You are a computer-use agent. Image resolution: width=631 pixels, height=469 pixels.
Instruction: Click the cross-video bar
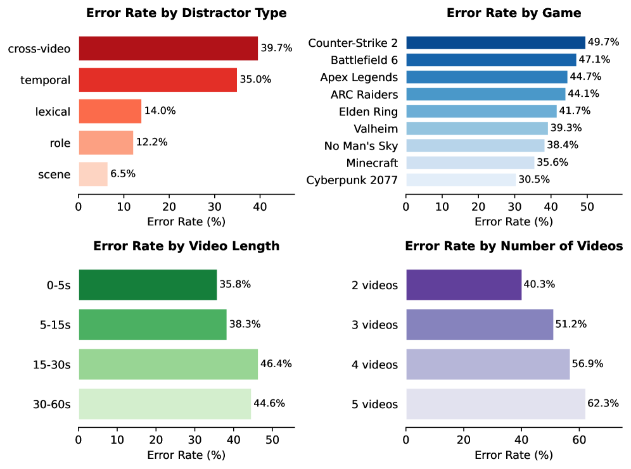168,48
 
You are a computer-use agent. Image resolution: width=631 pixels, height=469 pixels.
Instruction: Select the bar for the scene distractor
93,174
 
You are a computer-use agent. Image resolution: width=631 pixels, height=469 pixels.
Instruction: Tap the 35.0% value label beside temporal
255,80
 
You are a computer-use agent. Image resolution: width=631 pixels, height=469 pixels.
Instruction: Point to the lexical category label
53,111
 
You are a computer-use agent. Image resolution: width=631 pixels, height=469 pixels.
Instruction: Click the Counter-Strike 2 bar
495,42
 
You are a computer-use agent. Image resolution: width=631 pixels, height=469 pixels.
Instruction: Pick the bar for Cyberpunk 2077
461,180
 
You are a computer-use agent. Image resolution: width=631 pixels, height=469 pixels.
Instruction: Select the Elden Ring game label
368,111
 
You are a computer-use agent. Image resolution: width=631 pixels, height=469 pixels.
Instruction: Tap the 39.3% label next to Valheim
566,128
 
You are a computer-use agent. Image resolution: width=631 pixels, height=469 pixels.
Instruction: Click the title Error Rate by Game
514,13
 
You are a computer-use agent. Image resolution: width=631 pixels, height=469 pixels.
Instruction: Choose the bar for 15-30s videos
168,364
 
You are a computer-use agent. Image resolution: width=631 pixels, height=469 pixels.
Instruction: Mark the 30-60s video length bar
165,404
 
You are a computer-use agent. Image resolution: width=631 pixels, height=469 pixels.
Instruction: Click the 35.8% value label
235,285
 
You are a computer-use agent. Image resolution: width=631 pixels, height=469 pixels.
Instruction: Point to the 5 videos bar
495,404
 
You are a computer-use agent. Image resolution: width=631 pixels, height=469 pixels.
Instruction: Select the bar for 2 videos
464,285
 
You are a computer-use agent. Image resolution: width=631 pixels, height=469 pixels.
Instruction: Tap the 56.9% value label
588,364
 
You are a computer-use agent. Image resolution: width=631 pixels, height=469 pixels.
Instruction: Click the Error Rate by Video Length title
186,246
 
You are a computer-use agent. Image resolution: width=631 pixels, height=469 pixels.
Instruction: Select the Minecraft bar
470,163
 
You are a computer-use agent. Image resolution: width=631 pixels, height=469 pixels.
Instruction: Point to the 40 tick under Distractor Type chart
259,206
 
